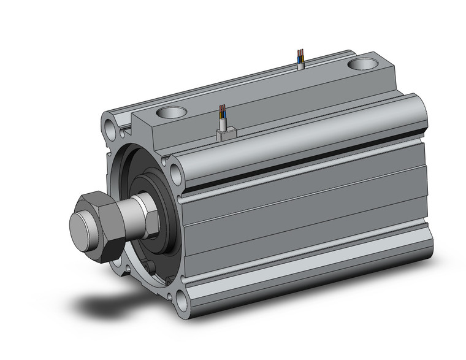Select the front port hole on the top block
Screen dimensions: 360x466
click(170, 113)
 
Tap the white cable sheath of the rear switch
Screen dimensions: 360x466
click(300, 62)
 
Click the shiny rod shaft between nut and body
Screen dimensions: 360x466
click(132, 216)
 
